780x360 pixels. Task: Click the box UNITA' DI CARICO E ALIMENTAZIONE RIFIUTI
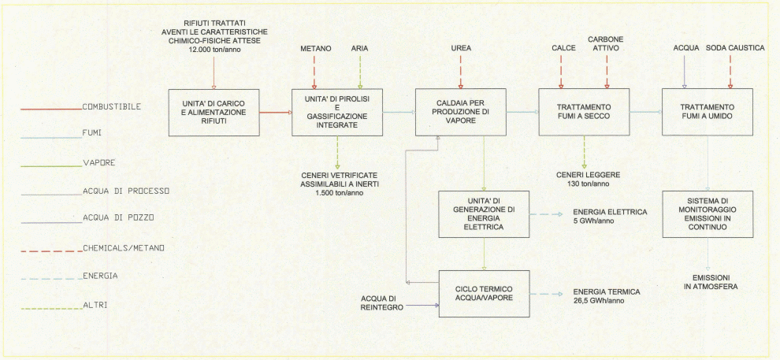click(x=214, y=113)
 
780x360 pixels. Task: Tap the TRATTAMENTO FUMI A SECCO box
click(x=584, y=112)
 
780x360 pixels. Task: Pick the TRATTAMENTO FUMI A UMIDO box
click(x=707, y=112)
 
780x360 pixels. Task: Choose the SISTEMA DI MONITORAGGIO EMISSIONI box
click(x=707, y=213)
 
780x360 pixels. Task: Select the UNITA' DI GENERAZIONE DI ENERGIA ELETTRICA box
click(x=484, y=213)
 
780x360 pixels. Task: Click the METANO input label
click(x=315, y=48)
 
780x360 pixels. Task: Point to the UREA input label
click(x=461, y=48)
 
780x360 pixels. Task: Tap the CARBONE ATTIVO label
click(x=607, y=43)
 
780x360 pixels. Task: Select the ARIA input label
click(x=360, y=48)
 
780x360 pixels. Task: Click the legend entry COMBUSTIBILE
click(x=111, y=106)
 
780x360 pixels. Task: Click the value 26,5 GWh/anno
click(x=605, y=301)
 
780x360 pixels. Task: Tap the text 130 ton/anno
click(x=584, y=184)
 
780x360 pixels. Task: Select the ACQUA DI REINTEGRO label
click(x=382, y=302)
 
